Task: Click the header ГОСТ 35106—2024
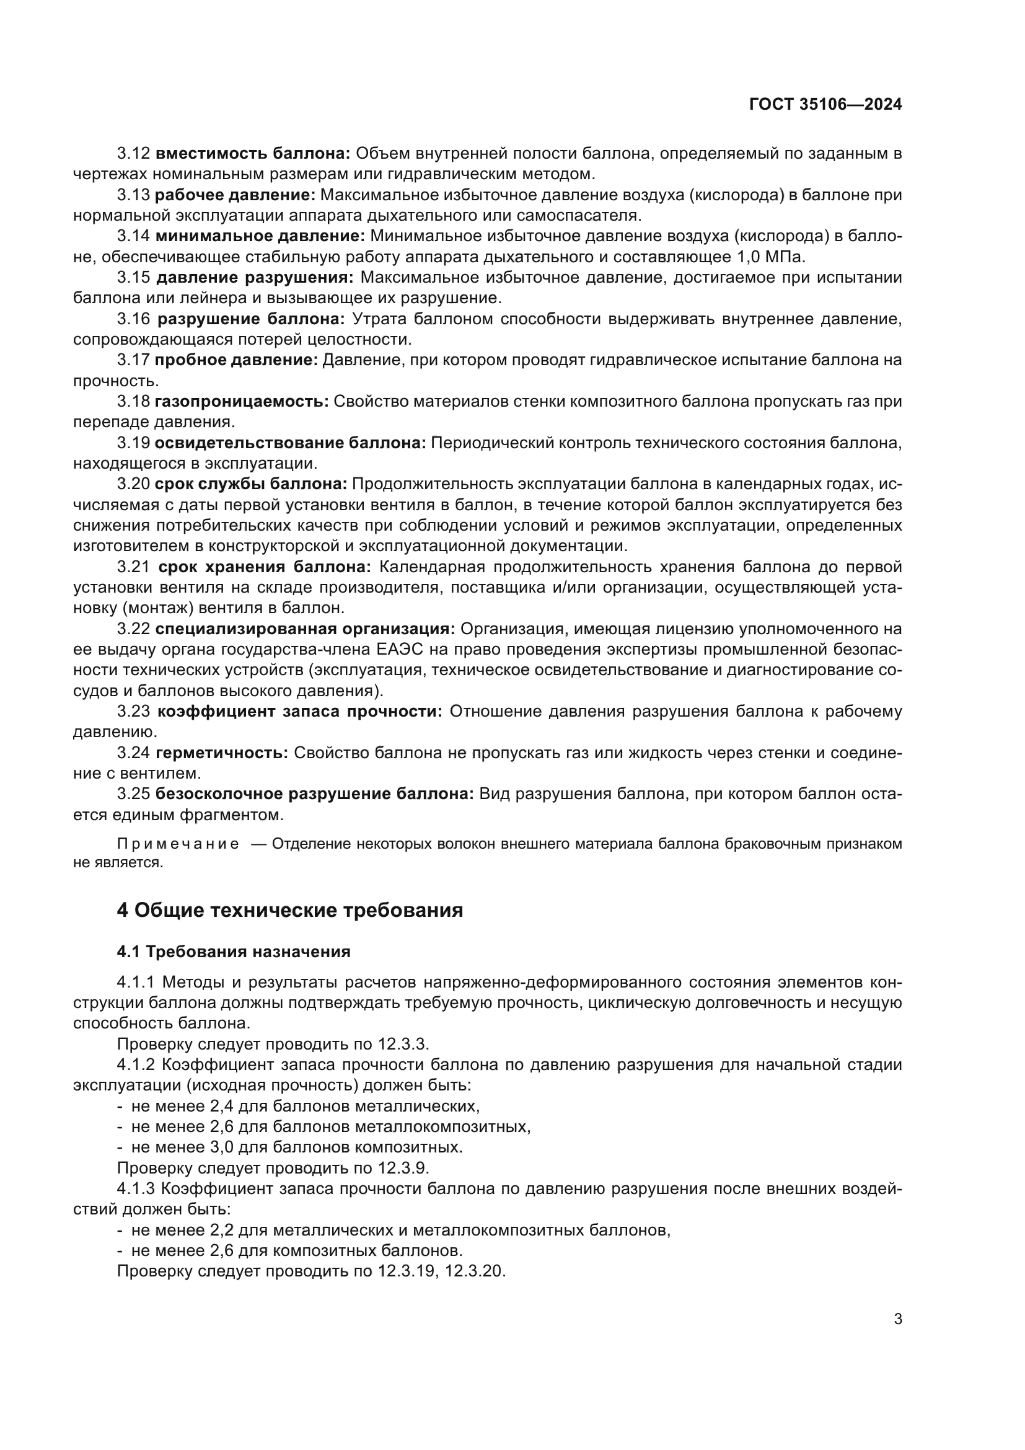click(825, 105)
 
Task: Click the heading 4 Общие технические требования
click(289, 910)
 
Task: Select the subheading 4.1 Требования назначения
click(234, 951)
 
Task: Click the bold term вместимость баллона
click(252, 154)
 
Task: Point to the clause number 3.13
click(133, 195)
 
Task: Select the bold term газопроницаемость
click(242, 401)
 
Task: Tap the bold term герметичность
click(221, 753)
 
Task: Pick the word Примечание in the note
click(178, 844)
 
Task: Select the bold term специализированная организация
click(306, 629)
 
